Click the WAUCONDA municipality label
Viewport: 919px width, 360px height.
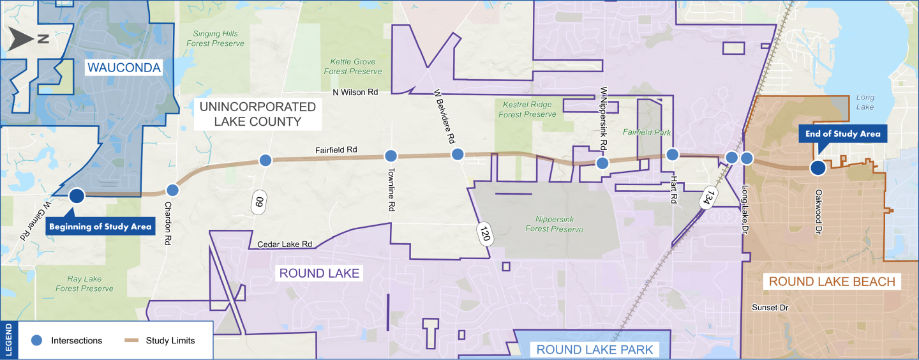coord(124,68)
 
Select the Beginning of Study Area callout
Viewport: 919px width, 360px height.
coord(101,226)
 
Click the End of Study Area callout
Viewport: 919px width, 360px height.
coord(842,134)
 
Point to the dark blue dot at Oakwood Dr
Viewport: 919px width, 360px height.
coord(817,168)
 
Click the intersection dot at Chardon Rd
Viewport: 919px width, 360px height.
coord(172,190)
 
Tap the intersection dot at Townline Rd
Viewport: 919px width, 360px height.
coord(391,155)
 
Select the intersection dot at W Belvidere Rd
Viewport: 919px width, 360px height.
coord(458,154)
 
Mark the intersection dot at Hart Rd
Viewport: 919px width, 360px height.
coord(672,154)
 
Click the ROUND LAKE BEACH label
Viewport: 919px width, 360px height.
coord(832,281)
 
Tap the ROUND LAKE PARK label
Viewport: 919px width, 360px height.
coord(595,349)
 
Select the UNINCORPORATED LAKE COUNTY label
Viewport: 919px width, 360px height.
coord(257,114)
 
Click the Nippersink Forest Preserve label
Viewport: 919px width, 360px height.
coord(554,224)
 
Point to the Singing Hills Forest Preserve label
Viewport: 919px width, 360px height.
coord(215,39)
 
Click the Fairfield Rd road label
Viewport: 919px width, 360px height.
coord(336,151)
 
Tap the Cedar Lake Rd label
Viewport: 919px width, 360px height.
coord(285,244)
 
